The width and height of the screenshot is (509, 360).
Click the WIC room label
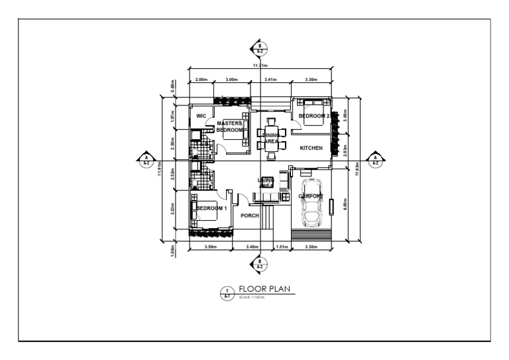pos(202,116)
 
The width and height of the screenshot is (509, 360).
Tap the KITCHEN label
pos(311,148)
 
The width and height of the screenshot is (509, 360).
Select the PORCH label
pos(250,215)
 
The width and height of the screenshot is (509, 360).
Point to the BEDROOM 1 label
pos(211,208)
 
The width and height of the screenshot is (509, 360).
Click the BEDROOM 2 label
pos(315,116)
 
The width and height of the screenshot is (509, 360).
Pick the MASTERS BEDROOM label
pos(229,127)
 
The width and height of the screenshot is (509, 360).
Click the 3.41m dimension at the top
pos(270,80)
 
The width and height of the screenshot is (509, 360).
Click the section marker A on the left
pos(145,159)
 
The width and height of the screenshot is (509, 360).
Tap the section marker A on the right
pos(375,159)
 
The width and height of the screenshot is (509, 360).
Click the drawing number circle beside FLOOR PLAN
pos(227,292)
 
